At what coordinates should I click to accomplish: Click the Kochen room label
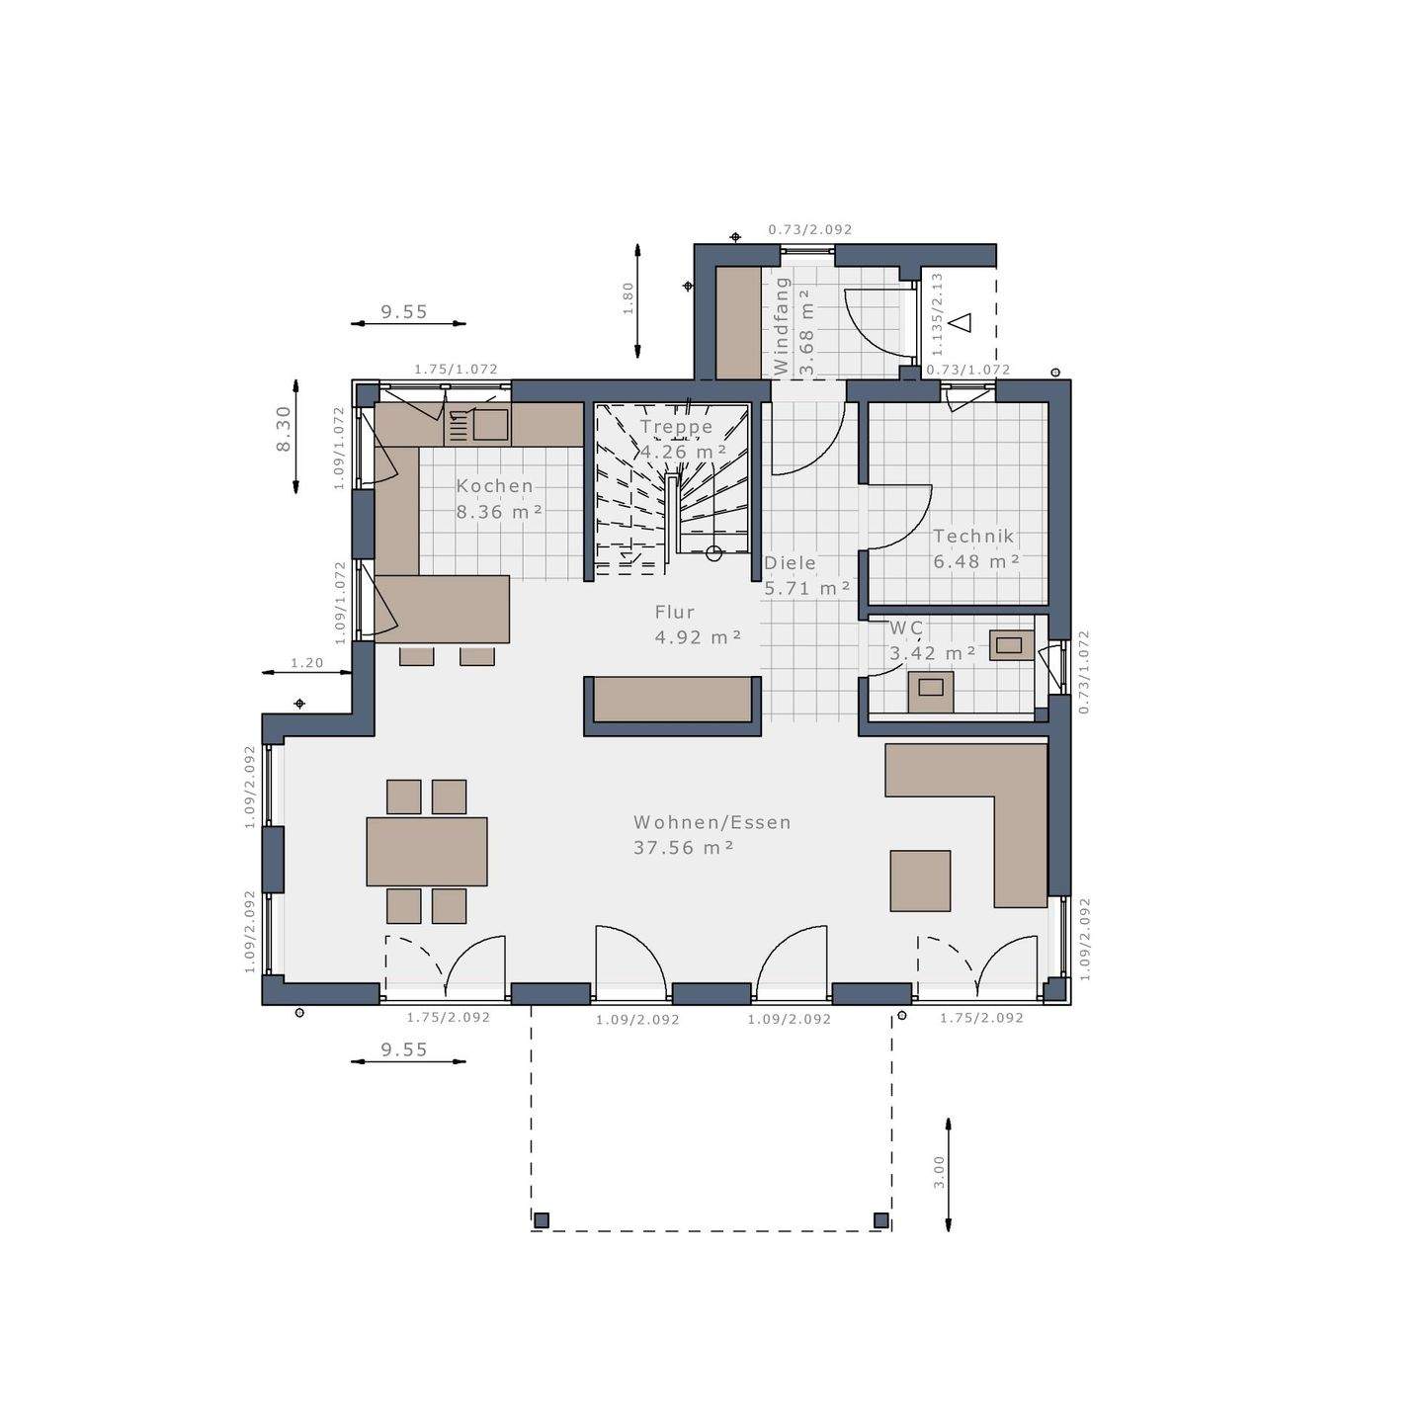494,486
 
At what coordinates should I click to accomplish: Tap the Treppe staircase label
676,427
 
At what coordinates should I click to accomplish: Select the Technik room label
973,537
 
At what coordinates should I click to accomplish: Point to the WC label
906,628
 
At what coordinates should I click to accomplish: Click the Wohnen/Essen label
711,822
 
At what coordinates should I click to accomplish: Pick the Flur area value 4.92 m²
698,637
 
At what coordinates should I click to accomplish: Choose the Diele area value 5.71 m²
806,588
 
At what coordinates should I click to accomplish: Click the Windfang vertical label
782,324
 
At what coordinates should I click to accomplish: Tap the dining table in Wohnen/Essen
427,851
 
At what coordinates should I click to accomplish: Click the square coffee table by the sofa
920,880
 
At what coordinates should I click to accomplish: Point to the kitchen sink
490,425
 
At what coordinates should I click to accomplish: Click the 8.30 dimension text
284,430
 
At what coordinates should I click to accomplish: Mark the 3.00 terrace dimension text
939,1172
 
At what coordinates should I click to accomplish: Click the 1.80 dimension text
628,298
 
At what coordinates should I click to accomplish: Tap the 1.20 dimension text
306,663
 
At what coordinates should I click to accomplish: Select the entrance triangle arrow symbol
961,322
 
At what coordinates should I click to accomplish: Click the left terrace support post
541,1220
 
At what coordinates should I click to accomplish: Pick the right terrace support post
880,1220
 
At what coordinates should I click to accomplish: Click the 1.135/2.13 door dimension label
937,314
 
